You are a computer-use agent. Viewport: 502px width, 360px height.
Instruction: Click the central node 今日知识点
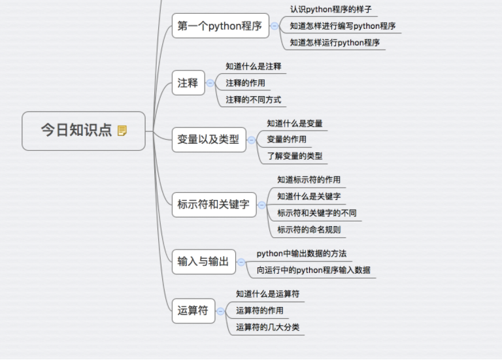[x=76, y=131]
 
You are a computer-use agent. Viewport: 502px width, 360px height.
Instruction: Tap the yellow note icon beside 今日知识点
[x=122, y=131]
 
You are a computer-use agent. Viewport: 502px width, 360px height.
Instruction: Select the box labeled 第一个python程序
[x=220, y=26]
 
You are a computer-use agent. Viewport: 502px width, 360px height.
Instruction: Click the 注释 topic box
[x=188, y=83]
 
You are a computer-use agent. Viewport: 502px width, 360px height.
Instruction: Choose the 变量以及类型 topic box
[x=209, y=139]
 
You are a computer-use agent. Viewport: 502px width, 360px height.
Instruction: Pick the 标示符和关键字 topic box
[x=214, y=205]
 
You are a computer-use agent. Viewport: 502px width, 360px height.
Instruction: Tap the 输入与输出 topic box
[x=203, y=262]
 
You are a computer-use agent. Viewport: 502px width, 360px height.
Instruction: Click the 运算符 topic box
[x=193, y=310]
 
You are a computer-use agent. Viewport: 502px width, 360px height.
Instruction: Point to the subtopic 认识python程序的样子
[x=331, y=10]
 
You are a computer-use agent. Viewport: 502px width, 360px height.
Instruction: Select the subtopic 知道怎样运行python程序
[x=335, y=42]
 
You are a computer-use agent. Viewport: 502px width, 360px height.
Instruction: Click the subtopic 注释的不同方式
[x=254, y=100]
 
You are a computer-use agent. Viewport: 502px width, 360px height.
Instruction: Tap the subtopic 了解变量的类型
[x=294, y=155]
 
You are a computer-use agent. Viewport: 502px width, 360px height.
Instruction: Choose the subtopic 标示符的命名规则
[x=309, y=229]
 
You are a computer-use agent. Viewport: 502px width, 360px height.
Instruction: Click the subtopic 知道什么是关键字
[x=309, y=196]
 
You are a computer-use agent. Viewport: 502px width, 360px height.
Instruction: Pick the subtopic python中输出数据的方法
[x=301, y=254]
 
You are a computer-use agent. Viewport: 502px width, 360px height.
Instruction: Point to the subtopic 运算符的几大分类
[x=267, y=327]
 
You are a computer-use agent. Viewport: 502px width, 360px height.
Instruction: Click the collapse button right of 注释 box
[x=210, y=83]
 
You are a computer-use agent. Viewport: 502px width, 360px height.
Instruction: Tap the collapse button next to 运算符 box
[x=220, y=311]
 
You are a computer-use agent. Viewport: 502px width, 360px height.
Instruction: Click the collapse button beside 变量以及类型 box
[x=251, y=140]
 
